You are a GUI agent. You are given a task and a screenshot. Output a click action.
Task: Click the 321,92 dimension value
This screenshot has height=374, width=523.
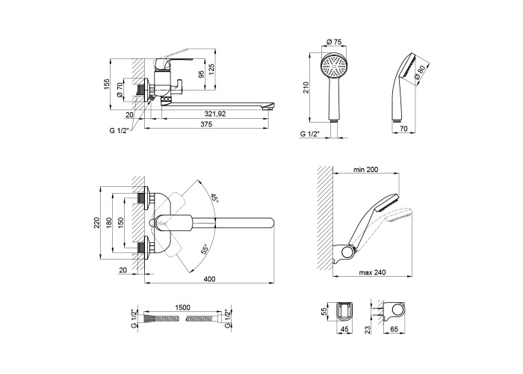[215, 114]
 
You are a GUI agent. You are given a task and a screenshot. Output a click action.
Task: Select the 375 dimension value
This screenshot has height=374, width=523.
[206, 125]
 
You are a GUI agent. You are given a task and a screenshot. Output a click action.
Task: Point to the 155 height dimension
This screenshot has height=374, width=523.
[107, 84]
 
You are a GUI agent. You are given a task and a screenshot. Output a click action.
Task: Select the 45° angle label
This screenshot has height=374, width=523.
[214, 199]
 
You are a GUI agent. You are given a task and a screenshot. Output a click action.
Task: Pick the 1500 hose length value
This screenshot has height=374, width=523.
[182, 307]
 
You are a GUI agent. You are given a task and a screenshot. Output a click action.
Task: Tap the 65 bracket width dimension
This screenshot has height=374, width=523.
[394, 329]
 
